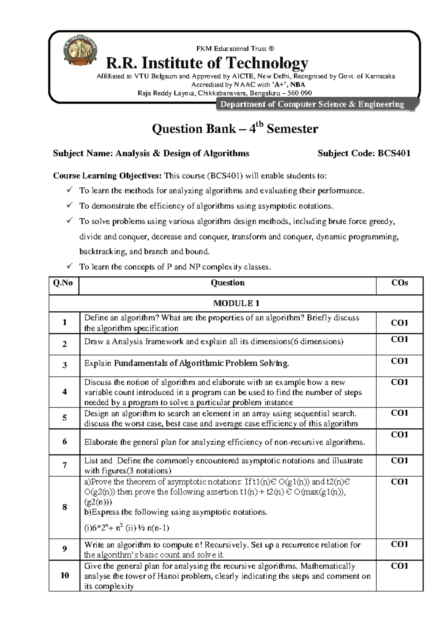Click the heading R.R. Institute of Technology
click(207, 63)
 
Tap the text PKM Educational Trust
click(235, 49)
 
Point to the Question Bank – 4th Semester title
click(235, 128)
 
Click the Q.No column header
click(63, 283)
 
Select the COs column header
click(399, 283)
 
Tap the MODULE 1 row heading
click(236, 303)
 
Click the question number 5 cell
click(64, 418)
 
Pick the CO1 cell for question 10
click(399, 566)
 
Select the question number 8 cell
click(64, 507)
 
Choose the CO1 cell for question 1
click(399, 323)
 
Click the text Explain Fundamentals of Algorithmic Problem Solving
click(187, 364)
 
